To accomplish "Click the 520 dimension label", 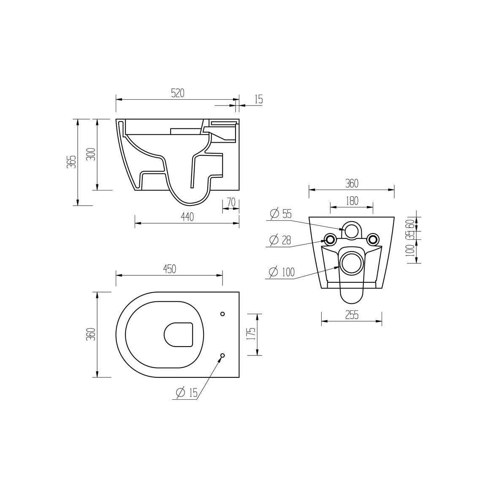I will (x=177, y=93).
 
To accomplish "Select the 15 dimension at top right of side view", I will (x=258, y=99).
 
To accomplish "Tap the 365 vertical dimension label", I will (x=72, y=162).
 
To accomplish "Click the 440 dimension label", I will (x=187, y=217).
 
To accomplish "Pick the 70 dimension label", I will (x=231, y=203).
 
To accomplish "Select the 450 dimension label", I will (x=169, y=269).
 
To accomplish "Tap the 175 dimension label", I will (x=251, y=334).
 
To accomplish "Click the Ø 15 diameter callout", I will (x=187, y=393).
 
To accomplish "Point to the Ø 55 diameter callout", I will (x=281, y=214).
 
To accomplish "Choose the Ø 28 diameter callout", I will (x=280, y=240).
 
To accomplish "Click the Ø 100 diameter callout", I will (x=282, y=272).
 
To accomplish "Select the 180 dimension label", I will (x=351, y=201).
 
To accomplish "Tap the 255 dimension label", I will (x=351, y=315).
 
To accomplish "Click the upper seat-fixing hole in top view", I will (x=223, y=314).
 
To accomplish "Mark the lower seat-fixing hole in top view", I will (x=223, y=355).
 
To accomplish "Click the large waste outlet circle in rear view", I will (x=352, y=263).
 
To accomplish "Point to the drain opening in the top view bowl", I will (x=178, y=335).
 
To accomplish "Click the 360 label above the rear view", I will (x=351, y=184).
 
